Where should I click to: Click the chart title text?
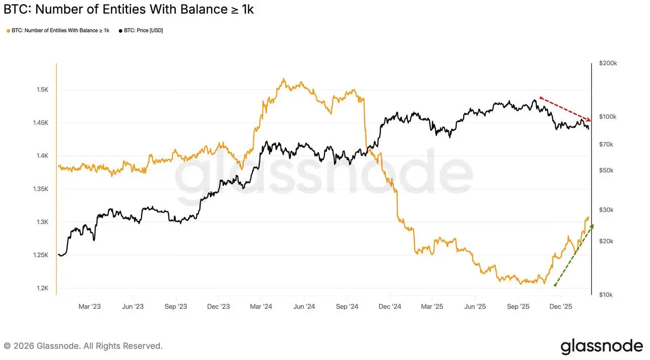[128, 10]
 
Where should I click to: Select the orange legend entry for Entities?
[59, 30]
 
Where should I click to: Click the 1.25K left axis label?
[40, 255]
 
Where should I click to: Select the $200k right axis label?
[608, 63]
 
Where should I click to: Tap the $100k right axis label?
[608, 117]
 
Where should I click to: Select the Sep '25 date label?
[518, 306]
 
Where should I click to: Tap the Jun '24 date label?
[304, 306]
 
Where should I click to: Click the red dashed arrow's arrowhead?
[588, 119]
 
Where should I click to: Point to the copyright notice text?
[83, 346]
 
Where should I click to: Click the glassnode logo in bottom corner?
[601, 346]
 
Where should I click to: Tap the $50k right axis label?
[606, 170]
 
